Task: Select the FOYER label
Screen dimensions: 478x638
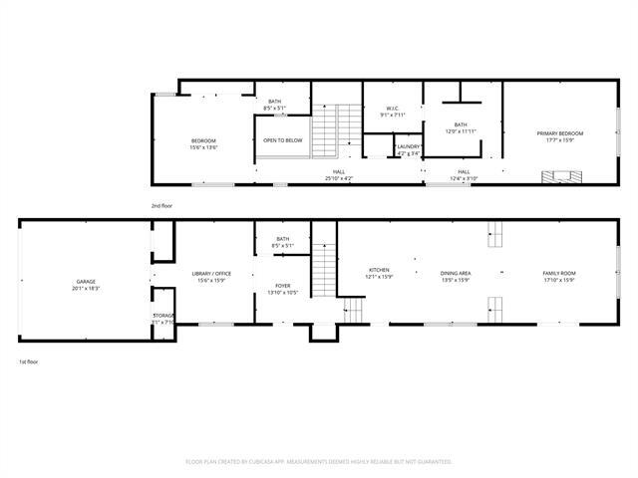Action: tap(283, 289)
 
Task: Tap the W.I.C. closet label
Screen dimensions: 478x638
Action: tap(379, 112)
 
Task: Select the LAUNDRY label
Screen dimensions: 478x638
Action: tap(409, 149)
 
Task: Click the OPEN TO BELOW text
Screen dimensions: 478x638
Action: tap(283, 140)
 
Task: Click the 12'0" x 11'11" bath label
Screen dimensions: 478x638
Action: tap(461, 127)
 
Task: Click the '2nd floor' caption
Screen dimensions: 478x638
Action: tap(161, 205)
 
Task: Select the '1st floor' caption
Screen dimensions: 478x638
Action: tap(29, 361)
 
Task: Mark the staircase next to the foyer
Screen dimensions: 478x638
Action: tap(325, 269)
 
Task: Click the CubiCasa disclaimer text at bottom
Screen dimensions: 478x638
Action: tap(319, 462)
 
